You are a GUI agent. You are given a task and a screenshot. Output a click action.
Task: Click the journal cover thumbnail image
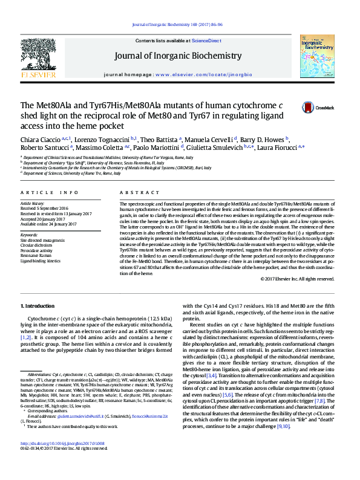[316, 56]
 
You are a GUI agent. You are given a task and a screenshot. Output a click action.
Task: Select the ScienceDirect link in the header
[206, 41]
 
